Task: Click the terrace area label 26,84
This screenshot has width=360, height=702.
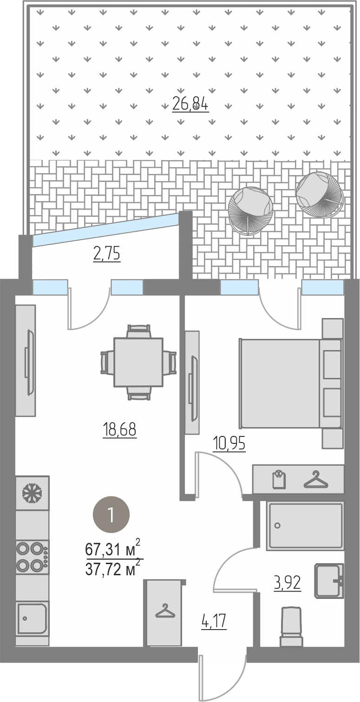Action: click(x=190, y=104)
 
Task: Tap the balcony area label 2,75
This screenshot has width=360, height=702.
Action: click(x=107, y=253)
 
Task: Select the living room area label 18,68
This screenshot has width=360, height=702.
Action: click(x=119, y=429)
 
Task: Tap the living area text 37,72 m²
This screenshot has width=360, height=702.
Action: click(x=112, y=569)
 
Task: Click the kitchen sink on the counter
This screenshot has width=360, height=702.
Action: click(x=32, y=619)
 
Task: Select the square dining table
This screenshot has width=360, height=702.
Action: click(x=138, y=362)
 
